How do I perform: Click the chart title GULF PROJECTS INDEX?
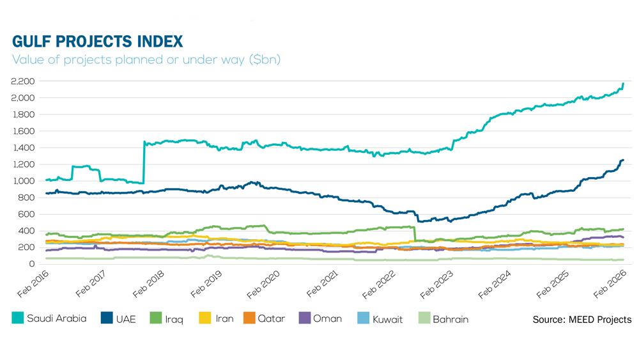98,42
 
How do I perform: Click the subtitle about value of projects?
146,60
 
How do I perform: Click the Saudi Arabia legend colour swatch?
17,318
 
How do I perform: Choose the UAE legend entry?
118,318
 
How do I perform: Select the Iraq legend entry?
166,318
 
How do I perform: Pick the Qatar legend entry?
264,318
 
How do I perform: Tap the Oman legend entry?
320,318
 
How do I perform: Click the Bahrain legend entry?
443,318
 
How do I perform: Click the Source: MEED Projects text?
581,319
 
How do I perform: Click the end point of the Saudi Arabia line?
623,84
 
